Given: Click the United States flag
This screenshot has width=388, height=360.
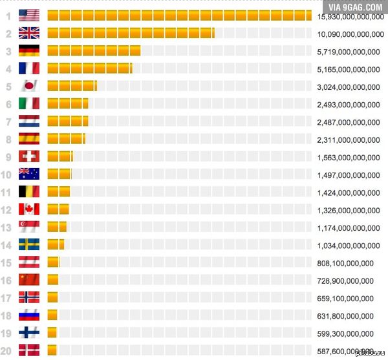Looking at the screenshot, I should (x=29, y=16).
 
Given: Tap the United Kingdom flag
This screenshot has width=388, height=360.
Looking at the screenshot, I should (x=29, y=34).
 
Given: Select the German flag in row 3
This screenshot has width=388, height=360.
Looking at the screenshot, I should (x=29, y=51).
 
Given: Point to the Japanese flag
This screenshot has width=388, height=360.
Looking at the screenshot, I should (x=29, y=86).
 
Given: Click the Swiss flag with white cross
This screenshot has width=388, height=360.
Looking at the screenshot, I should (x=29, y=156).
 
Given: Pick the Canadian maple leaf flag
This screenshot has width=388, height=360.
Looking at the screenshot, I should (x=29, y=209).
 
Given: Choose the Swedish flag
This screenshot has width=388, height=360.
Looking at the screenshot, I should (x=29, y=244).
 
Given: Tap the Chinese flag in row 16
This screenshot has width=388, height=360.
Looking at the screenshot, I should (x=29, y=279).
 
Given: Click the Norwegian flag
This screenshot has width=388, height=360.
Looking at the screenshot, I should (x=29, y=297).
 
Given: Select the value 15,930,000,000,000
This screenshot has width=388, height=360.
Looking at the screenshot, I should (x=350, y=16).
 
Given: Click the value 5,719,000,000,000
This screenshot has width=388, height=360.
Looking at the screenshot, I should (x=349, y=52).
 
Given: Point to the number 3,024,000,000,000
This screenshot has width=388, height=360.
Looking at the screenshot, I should (x=349, y=87).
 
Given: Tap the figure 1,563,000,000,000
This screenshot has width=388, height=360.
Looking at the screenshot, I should (x=349, y=157).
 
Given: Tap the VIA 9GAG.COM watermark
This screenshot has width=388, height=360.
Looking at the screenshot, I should (x=356, y=7).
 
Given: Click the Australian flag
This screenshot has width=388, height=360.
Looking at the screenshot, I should (x=29, y=174).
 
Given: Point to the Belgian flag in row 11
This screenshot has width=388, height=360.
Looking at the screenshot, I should (x=29, y=191).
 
